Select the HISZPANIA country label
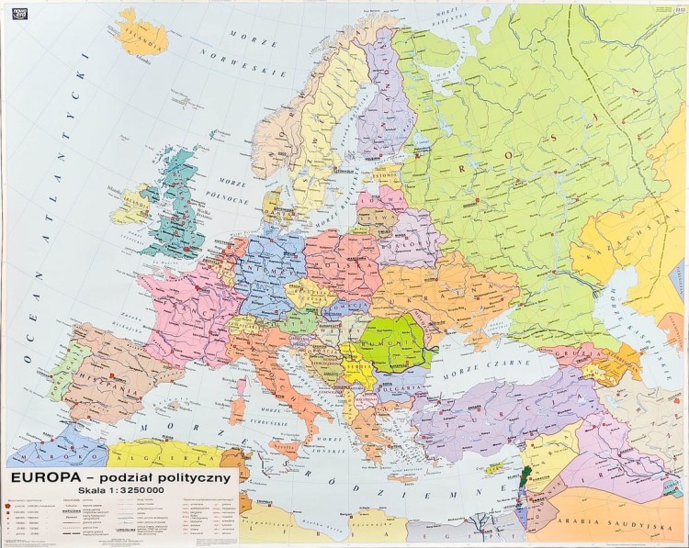click(104, 374)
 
